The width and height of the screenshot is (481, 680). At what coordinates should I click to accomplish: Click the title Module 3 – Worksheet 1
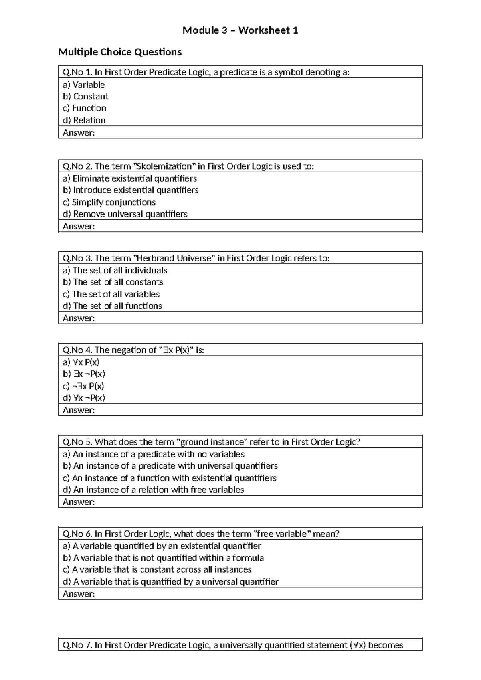pyautogui.click(x=240, y=30)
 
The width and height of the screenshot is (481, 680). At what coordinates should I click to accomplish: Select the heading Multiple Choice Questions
pyautogui.click(x=120, y=52)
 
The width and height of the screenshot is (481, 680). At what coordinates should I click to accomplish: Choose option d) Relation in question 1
pyautogui.click(x=84, y=120)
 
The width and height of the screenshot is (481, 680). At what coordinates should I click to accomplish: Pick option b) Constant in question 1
pyautogui.click(x=85, y=97)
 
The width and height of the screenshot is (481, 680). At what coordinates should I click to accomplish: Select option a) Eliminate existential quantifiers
pyautogui.click(x=130, y=178)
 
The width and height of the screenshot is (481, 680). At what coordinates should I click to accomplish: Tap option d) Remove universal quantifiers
pyautogui.click(x=125, y=214)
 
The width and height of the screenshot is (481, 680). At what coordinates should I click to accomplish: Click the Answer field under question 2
pyautogui.click(x=240, y=226)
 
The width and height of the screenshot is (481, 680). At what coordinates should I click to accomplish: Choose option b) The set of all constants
pyautogui.click(x=113, y=282)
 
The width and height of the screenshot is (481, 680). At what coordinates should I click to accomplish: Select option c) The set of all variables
pyautogui.click(x=111, y=294)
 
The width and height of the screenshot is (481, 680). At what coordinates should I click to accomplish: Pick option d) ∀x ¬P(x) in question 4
pyautogui.click(x=84, y=398)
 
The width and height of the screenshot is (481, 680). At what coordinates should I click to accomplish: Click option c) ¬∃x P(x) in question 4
pyautogui.click(x=83, y=386)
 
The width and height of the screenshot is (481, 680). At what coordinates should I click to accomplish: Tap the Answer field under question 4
pyautogui.click(x=240, y=410)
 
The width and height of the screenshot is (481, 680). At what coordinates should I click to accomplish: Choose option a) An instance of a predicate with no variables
pyautogui.click(x=154, y=454)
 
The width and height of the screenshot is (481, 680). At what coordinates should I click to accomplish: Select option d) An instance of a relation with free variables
pyautogui.click(x=153, y=490)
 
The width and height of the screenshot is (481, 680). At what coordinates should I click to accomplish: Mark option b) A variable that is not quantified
pyautogui.click(x=163, y=558)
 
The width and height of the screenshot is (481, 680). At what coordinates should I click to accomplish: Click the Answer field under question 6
pyautogui.click(x=240, y=594)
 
